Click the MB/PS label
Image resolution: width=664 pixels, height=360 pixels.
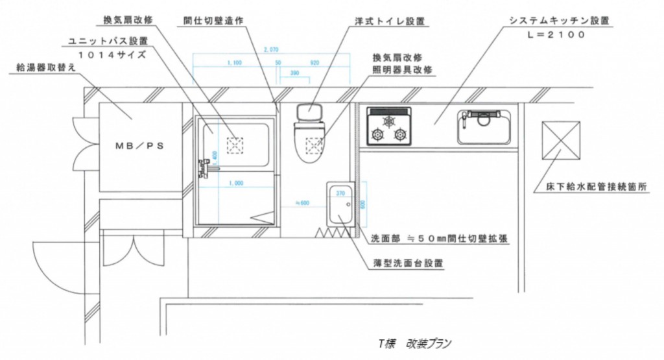point(139,146)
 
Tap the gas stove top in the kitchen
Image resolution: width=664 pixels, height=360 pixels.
point(388,126)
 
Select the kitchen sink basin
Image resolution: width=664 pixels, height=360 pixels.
point(485,128)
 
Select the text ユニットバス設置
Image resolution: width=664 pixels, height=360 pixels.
point(108,41)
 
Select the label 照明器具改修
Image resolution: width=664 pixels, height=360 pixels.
point(402,69)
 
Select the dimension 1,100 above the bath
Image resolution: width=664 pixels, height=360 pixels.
point(235,63)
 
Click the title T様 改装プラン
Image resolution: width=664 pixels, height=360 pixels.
point(415,344)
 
